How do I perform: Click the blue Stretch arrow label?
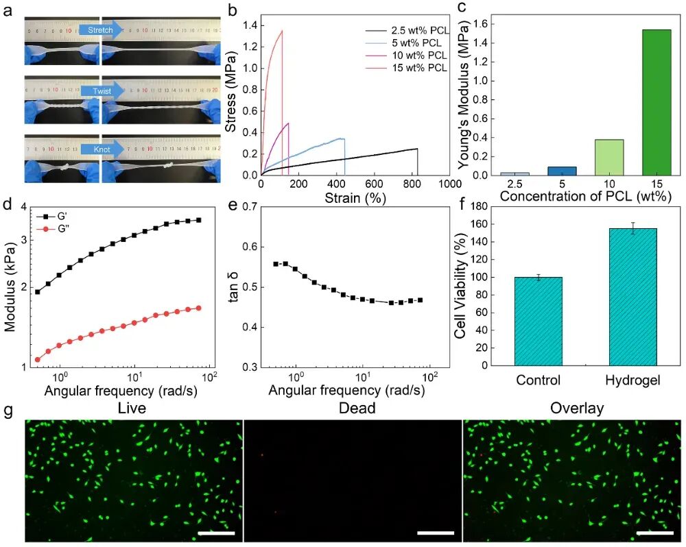tap(100, 29)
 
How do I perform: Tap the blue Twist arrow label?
tap(100, 90)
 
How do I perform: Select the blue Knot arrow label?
tap(100, 147)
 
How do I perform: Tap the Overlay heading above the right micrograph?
tap(577, 409)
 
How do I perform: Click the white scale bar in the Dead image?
tap(435, 532)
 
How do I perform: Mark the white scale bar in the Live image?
tap(216, 532)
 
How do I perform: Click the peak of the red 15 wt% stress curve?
tap(282, 30)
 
